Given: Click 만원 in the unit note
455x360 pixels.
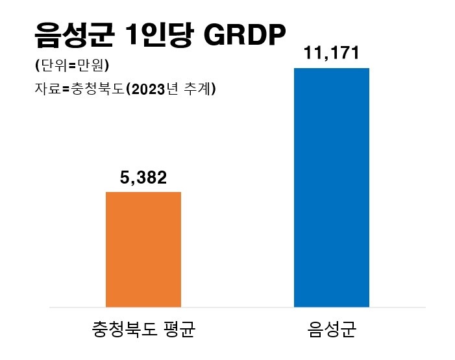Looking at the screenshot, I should coord(90,66).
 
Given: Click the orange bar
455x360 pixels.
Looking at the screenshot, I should coord(143,249).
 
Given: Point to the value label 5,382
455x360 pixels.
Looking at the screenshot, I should coord(143,178).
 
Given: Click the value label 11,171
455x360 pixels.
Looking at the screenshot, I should coord(331,53).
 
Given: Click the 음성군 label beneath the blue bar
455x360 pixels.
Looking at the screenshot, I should coord(331,331).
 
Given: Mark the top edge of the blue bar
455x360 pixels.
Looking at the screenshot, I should coord(331,68).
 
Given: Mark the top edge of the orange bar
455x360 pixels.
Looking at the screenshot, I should coord(143,193).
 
